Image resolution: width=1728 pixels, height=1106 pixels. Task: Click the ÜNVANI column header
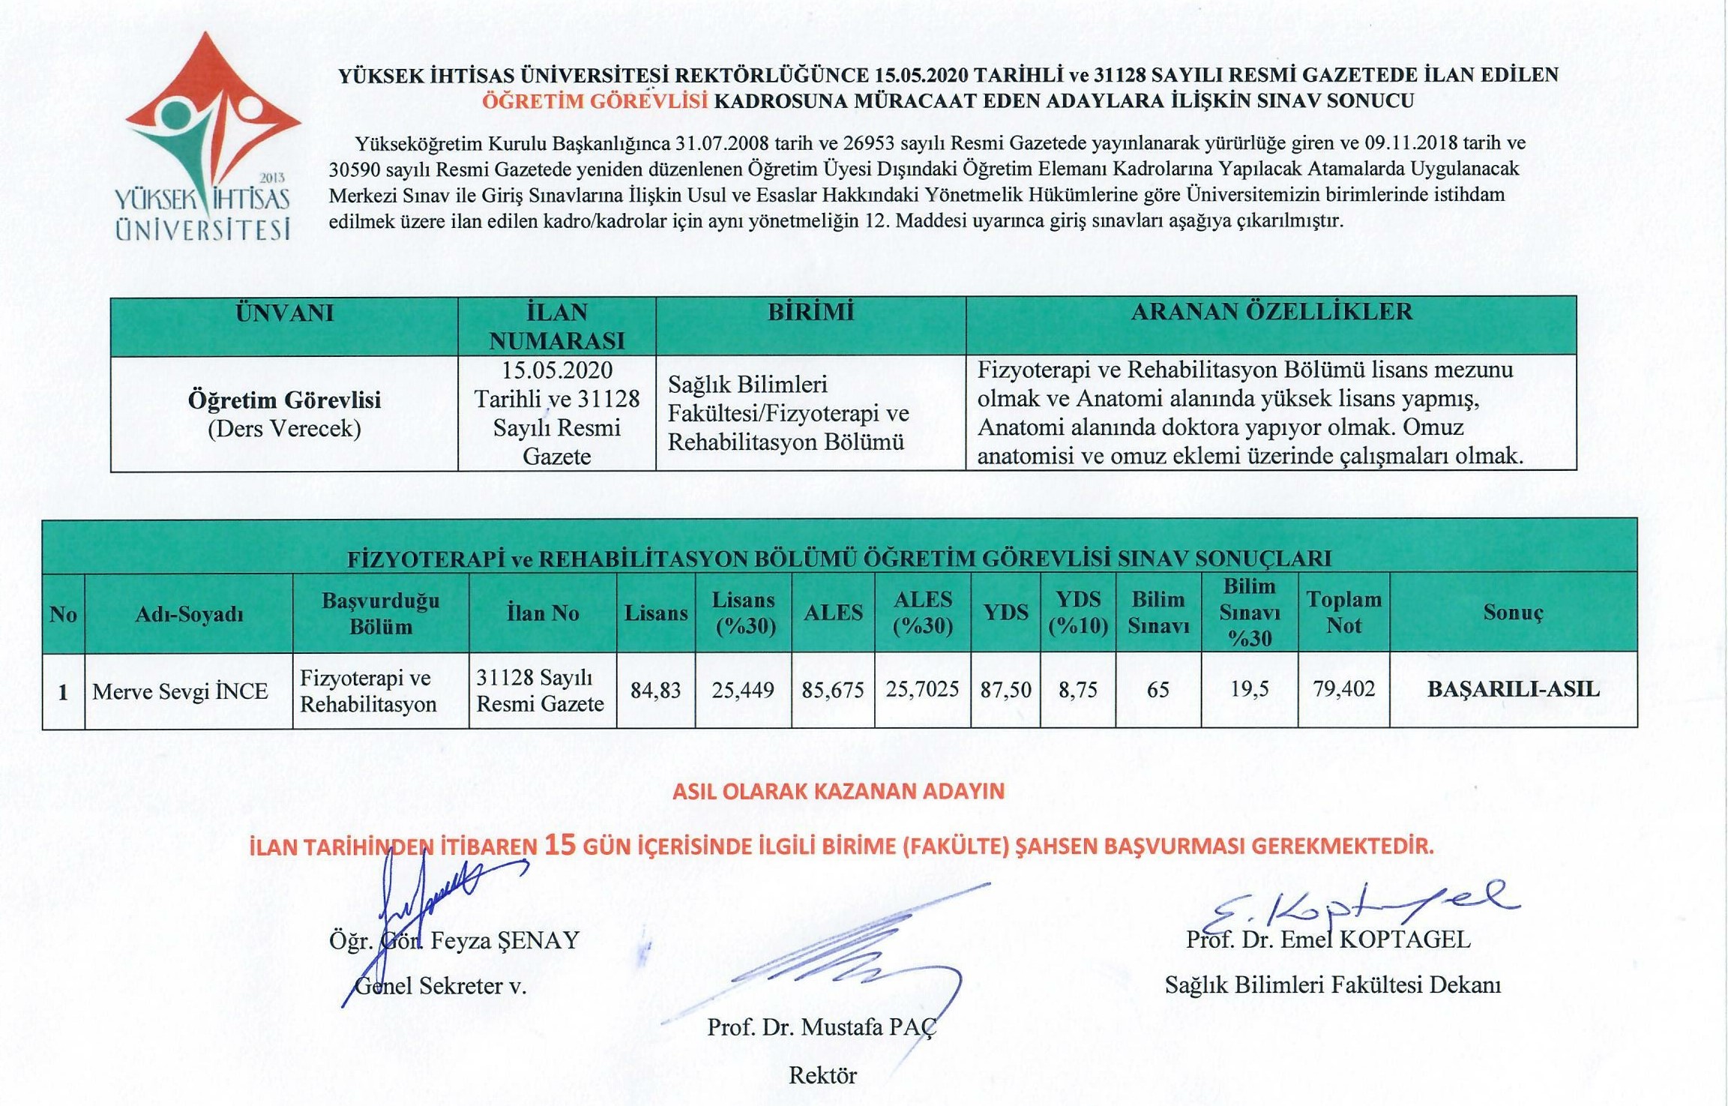[284, 313]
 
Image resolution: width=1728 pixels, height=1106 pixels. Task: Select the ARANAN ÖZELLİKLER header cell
[1271, 312]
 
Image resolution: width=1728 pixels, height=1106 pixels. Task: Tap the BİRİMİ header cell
[810, 312]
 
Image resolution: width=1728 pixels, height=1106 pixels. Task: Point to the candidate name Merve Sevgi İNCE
[180, 691]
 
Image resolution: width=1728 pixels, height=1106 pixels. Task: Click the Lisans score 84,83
[655, 690]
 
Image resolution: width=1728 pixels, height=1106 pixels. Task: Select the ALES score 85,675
[832, 690]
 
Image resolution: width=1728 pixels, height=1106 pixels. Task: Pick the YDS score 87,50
[1005, 690]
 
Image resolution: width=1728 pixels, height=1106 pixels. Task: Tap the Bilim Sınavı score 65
[1157, 690]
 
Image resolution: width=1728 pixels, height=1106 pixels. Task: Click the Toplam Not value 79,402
[1343, 689]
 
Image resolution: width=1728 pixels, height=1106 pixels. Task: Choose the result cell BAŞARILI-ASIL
[1513, 690]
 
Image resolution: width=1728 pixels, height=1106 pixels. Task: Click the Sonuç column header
[1513, 613]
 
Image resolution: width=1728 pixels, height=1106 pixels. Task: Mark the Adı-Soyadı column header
[189, 615]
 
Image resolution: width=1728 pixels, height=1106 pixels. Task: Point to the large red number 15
[560, 845]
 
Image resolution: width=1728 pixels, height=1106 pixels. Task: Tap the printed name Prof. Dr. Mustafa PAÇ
[822, 1027]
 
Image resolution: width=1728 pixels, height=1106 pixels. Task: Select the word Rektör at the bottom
[822, 1075]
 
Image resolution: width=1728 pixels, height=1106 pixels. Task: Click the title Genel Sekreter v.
[441, 985]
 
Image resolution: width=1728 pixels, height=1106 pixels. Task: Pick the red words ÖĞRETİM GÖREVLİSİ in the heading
[594, 101]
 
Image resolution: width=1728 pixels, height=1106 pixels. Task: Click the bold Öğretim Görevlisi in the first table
[284, 400]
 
